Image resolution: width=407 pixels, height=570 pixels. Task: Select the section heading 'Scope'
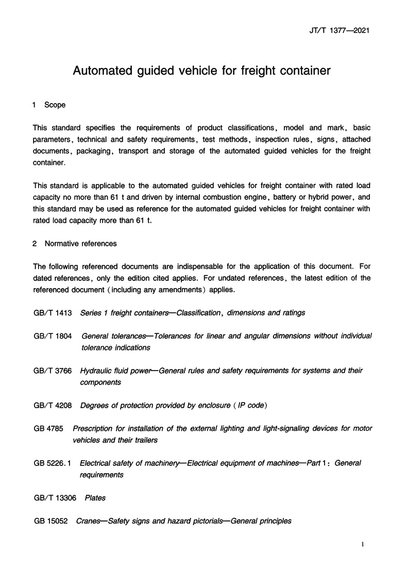pyautogui.click(x=55, y=105)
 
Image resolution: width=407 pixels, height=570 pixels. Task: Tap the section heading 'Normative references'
pyautogui.click(x=81, y=244)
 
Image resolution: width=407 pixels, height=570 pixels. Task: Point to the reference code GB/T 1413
pyautogui.click(x=53, y=313)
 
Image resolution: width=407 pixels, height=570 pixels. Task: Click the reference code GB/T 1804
pyautogui.click(x=53, y=336)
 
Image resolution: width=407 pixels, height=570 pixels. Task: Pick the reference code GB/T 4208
pyautogui.click(x=53, y=406)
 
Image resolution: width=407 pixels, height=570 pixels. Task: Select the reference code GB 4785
pyautogui.click(x=48, y=429)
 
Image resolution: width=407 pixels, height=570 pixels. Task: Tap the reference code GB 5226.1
pyautogui.click(x=53, y=463)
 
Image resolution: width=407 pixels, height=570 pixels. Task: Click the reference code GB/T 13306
pyautogui.click(x=55, y=498)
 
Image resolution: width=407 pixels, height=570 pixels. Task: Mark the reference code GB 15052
pyautogui.click(x=50, y=521)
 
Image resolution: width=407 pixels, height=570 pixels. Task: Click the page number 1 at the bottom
pyautogui.click(x=363, y=545)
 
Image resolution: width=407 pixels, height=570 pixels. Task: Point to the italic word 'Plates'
pyautogui.click(x=95, y=498)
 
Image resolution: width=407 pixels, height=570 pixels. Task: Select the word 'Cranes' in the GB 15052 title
pyautogui.click(x=89, y=521)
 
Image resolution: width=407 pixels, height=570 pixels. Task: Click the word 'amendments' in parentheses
pyautogui.click(x=177, y=290)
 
